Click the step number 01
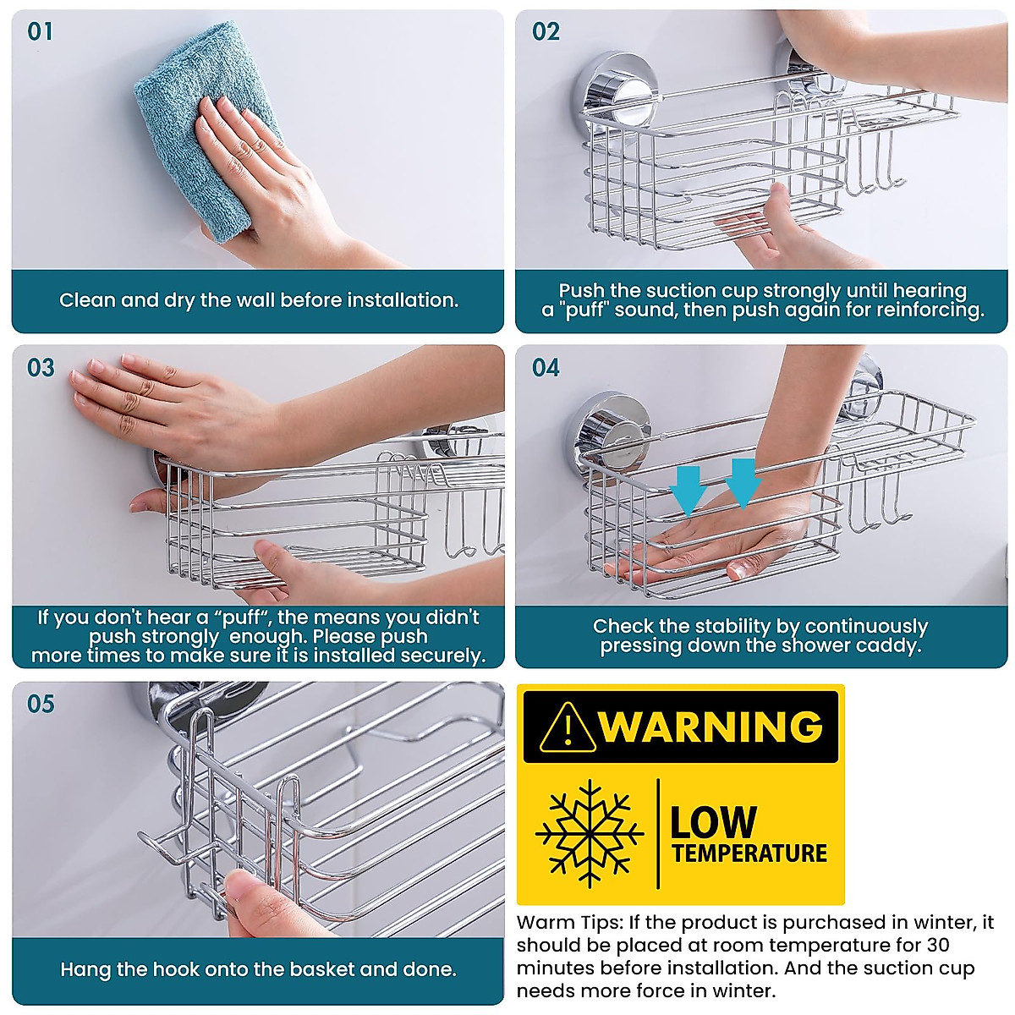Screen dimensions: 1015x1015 (x=40, y=32)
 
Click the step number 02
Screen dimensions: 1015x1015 (x=546, y=32)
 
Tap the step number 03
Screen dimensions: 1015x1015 (x=41, y=368)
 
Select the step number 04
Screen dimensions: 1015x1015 (x=546, y=368)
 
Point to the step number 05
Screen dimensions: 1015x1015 (x=41, y=704)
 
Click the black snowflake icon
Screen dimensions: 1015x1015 (x=590, y=833)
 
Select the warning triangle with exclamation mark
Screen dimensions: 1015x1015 (x=568, y=727)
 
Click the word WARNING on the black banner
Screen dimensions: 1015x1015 (x=710, y=727)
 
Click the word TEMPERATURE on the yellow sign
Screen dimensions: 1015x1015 (x=749, y=853)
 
